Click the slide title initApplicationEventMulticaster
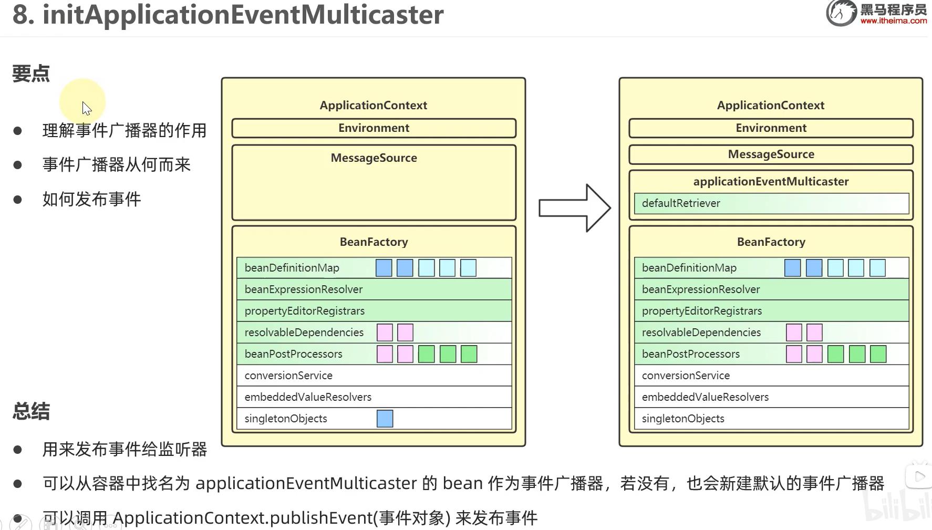[x=243, y=15]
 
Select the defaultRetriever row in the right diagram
[x=771, y=203]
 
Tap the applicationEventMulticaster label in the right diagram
[x=771, y=182]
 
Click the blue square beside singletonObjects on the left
[x=385, y=419]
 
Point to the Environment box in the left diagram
[x=374, y=128]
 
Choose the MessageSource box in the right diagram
[x=771, y=154]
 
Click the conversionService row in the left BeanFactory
[x=374, y=376]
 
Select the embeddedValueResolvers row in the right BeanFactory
[x=771, y=397]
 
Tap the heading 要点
[x=31, y=74]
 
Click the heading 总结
[x=31, y=411]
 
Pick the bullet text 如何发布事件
[x=92, y=200]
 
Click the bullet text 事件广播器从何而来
[x=116, y=165]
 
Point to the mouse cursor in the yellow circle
[x=86, y=108]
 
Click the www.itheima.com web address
[x=893, y=21]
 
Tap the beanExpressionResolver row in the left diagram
[x=374, y=289]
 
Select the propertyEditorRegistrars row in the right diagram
[x=771, y=311]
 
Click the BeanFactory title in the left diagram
[x=374, y=242]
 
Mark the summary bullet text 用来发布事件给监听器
[x=125, y=450]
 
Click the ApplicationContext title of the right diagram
[x=771, y=106]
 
